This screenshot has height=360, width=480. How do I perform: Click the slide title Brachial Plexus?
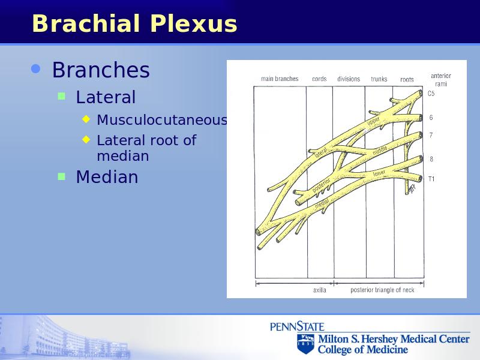click(x=134, y=23)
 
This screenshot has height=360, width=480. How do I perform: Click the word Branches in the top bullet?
click(x=101, y=70)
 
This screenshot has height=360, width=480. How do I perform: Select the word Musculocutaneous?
click(x=162, y=119)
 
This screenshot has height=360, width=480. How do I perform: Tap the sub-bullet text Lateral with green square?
click(x=106, y=97)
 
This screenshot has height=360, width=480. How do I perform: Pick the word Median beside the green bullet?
click(x=107, y=177)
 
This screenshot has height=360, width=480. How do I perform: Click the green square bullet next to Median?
click(x=62, y=176)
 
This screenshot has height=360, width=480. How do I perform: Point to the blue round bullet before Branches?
click(x=36, y=69)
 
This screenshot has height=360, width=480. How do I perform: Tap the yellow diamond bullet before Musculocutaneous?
click(x=86, y=119)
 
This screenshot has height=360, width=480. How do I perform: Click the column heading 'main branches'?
click(x=280, y=79)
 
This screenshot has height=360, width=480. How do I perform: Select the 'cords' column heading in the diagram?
click(x=319, y=79)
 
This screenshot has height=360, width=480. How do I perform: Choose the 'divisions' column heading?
click(x=349, y=79)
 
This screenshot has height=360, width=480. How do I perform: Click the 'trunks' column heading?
click(x=379, y=79)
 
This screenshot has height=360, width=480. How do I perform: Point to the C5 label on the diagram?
click(x=431, y=94)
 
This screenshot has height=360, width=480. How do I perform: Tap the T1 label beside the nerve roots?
click(x=431, y=179)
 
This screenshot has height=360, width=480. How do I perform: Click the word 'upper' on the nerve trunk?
click(x=373, y=121)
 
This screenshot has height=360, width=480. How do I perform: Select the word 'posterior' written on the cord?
click(x=321, y=185)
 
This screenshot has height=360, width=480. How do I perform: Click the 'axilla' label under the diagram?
click(x=320, y=290)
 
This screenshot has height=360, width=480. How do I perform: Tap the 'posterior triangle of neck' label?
click(x=382, y=290)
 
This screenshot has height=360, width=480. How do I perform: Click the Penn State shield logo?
click(x=305, y=343)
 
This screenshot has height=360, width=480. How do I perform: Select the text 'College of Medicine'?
click(x=363, y=349)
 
